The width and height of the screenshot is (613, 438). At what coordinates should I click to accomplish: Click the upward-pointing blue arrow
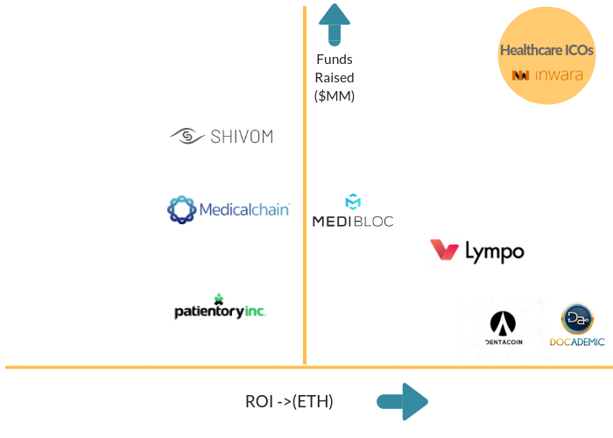pos(335,25)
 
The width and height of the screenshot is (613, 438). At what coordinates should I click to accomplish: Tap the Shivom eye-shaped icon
pos(186,136)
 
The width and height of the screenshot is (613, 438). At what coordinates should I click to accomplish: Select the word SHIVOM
pos(242,137)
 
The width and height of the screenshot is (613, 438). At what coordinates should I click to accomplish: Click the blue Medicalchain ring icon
pos(181,209)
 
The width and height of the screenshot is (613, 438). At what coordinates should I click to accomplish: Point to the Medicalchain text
pos(244,209)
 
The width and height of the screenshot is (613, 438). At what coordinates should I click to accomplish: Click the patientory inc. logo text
pos(220,311)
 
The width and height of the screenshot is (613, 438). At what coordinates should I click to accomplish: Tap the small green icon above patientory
pos(218,298)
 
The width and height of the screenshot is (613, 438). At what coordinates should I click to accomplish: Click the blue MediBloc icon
pos(353,201)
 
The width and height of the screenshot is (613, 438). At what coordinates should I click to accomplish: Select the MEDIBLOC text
pos(353,221)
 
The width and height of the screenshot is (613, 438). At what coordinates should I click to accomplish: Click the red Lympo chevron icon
pos(445,251)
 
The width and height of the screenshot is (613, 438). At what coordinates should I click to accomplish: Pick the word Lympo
pos(494,252)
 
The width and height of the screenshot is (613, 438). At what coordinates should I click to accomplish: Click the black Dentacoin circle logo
pos(504,323)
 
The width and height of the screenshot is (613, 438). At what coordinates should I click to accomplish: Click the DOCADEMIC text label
pos(577,342)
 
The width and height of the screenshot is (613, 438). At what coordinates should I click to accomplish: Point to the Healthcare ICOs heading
pos(546,50)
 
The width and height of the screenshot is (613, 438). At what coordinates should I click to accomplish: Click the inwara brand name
pos(558,75)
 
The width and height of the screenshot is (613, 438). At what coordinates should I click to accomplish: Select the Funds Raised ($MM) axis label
pos(335,78)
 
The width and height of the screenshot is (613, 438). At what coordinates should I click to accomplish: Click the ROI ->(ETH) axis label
pos(289,402)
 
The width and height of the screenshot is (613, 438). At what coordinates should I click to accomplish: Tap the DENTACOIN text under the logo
pos(504,342)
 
